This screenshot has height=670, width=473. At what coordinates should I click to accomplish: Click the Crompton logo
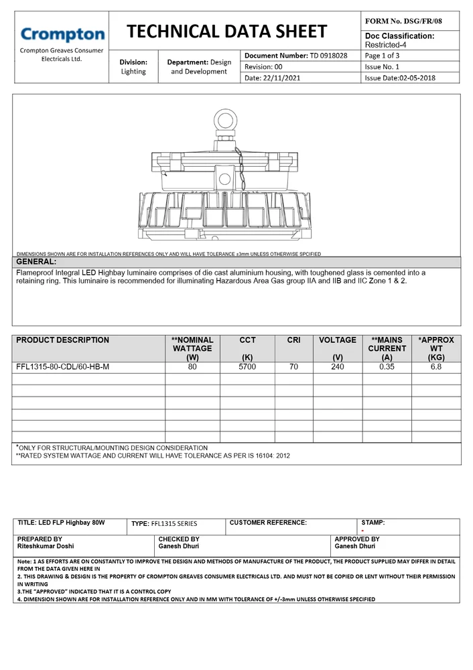[62, 35]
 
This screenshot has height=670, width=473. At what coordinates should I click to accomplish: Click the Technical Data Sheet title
[226, 31]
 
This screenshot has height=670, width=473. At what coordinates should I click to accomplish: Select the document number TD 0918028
[328, 56]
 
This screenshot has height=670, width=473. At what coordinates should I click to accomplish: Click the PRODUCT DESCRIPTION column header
[62, 340]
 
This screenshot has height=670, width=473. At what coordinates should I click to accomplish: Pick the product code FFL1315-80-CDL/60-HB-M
[62, 367]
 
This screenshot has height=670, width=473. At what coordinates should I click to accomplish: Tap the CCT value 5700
[247, 367]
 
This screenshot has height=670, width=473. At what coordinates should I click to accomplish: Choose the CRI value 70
[293, 367]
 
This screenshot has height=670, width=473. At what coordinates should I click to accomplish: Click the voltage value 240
[337, 367]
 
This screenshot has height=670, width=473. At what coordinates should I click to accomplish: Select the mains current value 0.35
[387, 367]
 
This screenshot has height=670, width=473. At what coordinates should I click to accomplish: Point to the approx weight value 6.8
[436, 367]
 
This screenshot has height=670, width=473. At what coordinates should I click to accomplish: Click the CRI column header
[293, 340]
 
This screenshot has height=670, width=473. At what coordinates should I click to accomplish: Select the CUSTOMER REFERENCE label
[268, 523]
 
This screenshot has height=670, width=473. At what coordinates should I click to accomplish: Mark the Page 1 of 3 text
[382, 56]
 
